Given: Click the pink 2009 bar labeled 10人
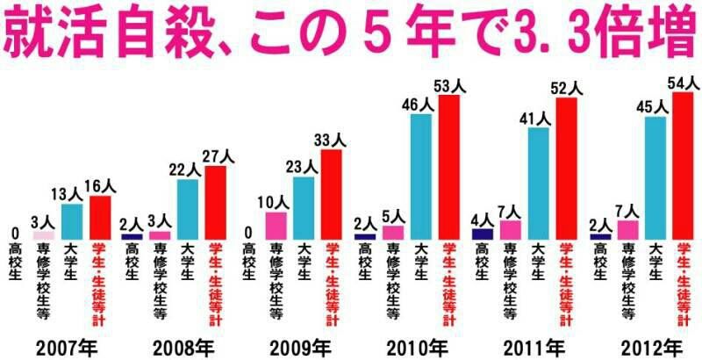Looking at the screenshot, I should [x=276, y=226].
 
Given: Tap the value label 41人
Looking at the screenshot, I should [x=539, y=118].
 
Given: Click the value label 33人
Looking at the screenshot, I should [x=332, y=140].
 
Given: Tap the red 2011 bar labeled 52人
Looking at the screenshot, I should [x=567, y=168].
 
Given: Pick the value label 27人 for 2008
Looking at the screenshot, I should [x=216, y=156].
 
